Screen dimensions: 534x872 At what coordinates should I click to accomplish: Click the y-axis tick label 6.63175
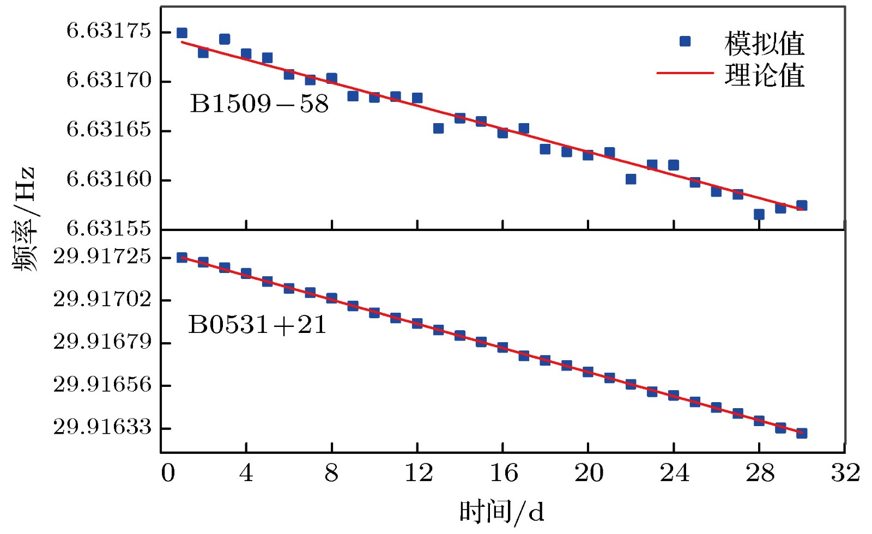point(108,31)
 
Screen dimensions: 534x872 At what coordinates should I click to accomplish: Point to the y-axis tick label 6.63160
point(108,179)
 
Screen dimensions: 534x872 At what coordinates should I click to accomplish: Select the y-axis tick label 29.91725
point(102,256)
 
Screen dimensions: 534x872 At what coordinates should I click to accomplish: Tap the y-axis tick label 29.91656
point(102,385)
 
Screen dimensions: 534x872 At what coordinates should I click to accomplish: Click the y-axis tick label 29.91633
point(102,427)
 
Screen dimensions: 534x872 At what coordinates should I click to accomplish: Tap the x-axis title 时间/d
point(501,512)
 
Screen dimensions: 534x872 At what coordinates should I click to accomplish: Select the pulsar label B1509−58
point(259,104)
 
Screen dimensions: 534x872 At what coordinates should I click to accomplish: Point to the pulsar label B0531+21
point(257,325)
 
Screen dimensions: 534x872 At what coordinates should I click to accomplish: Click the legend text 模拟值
point(764,44)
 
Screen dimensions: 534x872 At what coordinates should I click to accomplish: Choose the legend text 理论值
point(764,75)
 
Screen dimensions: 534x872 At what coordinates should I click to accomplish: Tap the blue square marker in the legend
point(685,41)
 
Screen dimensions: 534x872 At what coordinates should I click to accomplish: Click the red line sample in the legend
point(685,72)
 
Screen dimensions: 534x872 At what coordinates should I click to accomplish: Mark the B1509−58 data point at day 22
point(631,179)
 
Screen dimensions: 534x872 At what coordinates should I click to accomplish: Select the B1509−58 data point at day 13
point(438,128)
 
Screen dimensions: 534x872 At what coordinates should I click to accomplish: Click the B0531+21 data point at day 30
point(802,433)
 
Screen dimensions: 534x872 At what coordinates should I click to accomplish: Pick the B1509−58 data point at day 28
point(759,214)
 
